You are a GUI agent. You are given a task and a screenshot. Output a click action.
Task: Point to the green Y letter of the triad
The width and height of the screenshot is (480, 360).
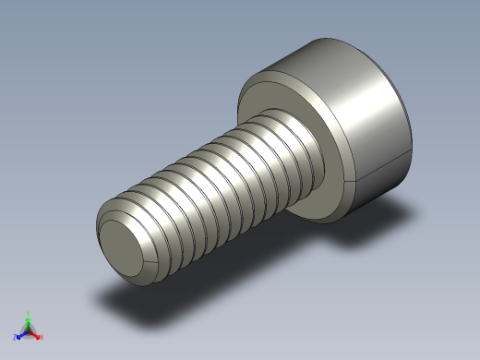point(30,313)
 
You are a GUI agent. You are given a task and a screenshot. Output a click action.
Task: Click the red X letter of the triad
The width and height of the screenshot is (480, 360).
point(42,337)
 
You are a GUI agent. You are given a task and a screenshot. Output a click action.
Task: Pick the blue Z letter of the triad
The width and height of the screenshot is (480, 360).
point(16,338)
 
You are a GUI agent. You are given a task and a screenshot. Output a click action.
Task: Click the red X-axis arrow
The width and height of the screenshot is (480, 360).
point(35,334)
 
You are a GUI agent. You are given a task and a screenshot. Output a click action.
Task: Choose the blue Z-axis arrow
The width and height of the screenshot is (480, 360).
point(22,334)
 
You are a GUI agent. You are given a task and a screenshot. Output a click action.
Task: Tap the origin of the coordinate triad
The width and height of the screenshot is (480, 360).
point(29,330)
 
